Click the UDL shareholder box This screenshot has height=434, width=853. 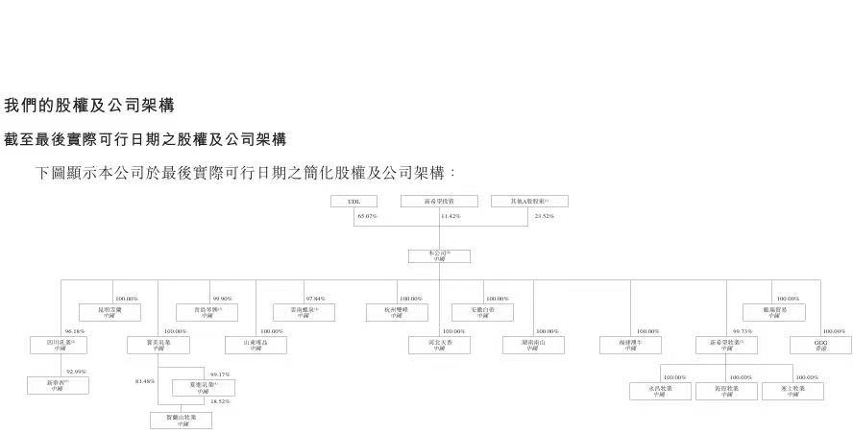click(x=353, y=202)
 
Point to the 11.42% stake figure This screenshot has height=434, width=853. click(x=450, y=217)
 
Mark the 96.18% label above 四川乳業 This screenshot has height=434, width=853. click(x=74, y=331)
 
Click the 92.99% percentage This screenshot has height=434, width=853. click(x=76, y=372)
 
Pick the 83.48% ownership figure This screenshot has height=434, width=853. click(x=145, y=381)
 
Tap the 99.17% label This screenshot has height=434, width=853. click(x=219, y=374)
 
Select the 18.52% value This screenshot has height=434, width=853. click(x=219, y=401)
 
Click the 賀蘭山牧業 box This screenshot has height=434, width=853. click(x=182, y=420)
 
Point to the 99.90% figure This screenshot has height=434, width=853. click(x=224, y=299)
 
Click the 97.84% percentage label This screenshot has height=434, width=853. click(x=316, y=299)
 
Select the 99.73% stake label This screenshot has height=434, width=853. click(x=743, y=331)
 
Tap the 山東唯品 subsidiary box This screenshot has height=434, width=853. click(x=256, y=345)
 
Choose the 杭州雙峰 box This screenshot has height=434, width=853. click(x=397, y=312)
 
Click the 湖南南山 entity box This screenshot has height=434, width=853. click(x=533, y=345)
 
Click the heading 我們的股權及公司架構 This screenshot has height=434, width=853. click(x=89, y=105)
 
